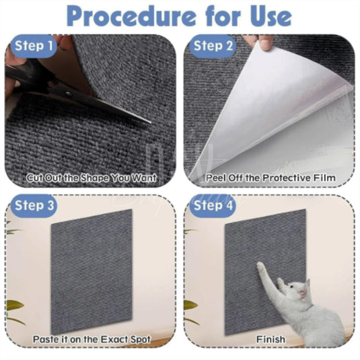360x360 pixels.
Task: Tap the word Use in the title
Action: [264, 15]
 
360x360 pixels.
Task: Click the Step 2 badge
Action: [213, 46]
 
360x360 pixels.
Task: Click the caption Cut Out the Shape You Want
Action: [92, 178]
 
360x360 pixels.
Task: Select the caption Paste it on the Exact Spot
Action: [92, 339]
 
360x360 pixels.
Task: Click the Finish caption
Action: [270, 339]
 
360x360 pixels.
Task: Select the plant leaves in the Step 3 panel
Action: [14, 306]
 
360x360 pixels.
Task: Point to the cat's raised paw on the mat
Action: [261, 267]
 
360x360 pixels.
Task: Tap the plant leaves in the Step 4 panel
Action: [192, 306]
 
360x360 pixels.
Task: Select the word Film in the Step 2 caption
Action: [324, 178]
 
